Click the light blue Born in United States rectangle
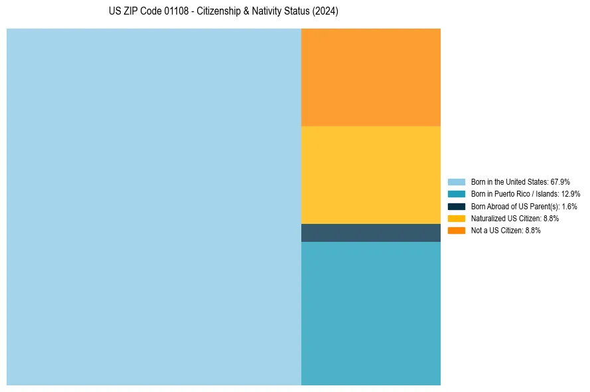154,207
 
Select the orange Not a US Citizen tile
371,77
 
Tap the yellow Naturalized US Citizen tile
371,175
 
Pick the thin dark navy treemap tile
371,233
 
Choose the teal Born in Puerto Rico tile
371,313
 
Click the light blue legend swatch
457,181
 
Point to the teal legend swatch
457,194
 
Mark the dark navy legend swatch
457,206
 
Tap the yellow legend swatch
457,218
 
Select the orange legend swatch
457,231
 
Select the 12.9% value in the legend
571,194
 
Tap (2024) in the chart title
325,12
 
